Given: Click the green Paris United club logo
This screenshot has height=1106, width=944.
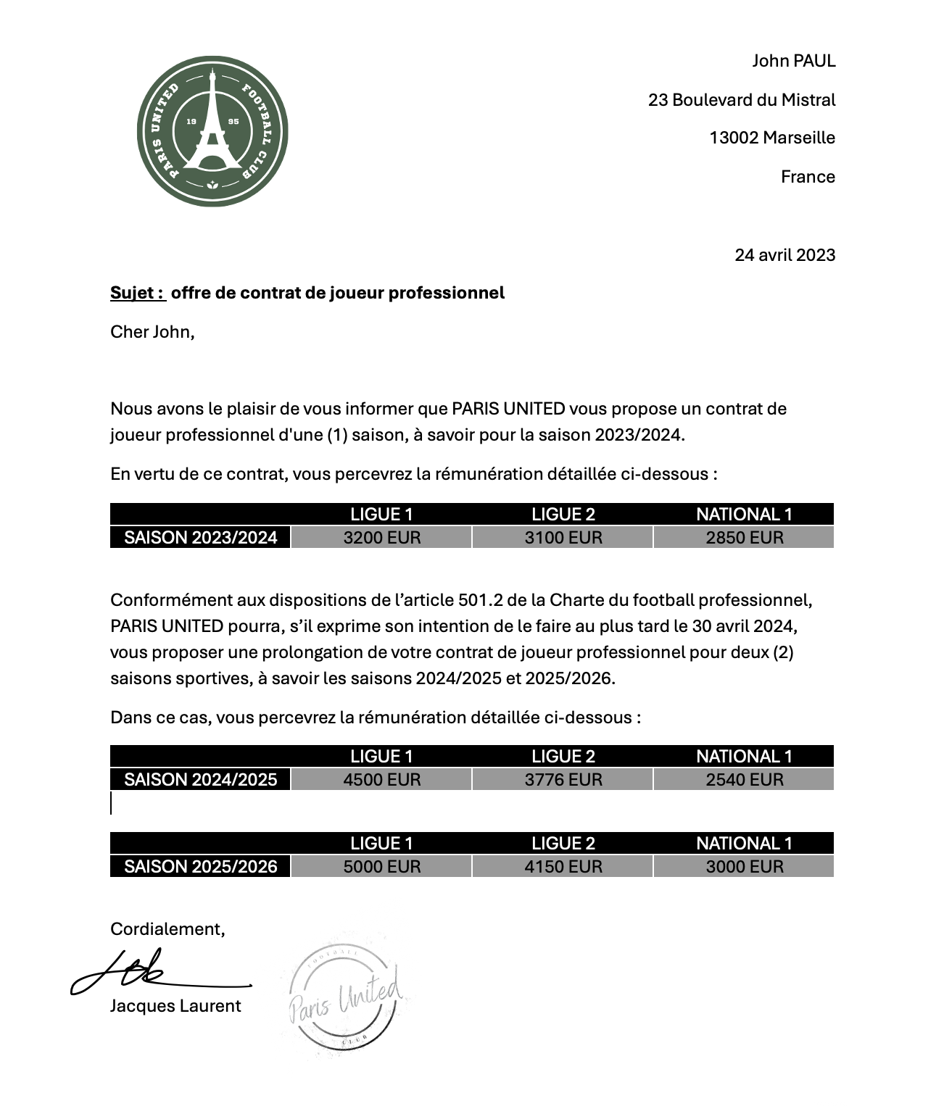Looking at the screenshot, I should [212, 131].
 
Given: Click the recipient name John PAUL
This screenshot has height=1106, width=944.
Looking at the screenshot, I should [793, 61].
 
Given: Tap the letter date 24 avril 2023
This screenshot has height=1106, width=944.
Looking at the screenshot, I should [784, 255].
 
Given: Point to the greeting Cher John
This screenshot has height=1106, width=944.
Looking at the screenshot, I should [152, 332].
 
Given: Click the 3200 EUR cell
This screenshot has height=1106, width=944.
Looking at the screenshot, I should [381, 538].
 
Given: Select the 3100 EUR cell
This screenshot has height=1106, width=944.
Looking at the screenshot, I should [563, 538].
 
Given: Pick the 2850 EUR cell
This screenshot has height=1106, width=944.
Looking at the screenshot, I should [744, 538].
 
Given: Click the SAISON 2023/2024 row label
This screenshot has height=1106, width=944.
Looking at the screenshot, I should [201, 538].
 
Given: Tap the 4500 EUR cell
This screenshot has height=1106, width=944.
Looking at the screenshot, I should [381, 780].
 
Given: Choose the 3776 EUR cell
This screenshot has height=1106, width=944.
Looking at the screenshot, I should [563, 780].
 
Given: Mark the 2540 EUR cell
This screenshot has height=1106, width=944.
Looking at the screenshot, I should [744, 780].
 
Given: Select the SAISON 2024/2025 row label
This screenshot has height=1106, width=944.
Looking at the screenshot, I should [201, 780].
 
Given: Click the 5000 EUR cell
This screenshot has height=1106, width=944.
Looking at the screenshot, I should [381, 867].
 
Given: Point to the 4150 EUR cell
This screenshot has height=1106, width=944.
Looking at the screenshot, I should [563, 867].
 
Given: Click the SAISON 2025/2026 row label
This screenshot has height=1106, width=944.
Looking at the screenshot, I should [201, 867].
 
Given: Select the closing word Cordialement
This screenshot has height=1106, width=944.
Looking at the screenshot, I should [167, 929].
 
